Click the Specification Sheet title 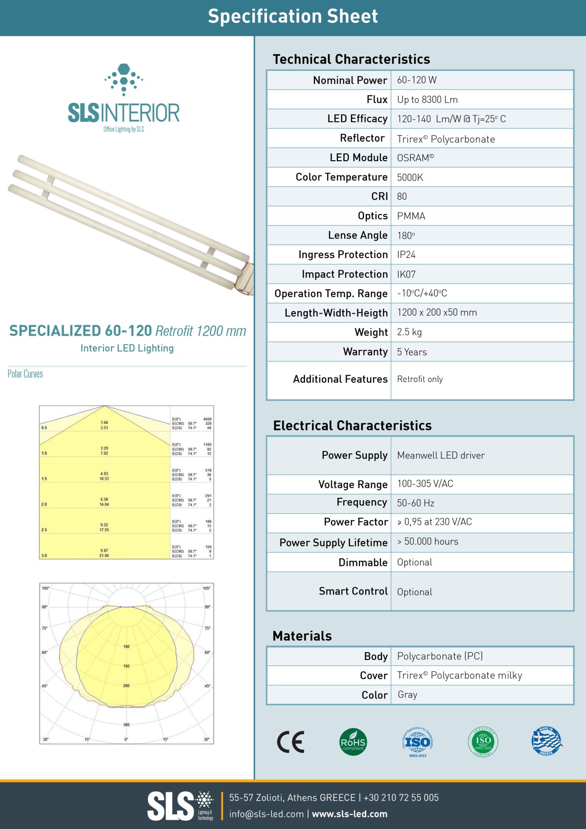(293, 17)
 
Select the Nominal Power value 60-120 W (417, 80)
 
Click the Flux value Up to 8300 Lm (427, 100)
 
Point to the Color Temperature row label (341, 177)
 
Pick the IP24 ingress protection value (406, 255)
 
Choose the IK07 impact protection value (406, 274)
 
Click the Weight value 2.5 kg (409, 332)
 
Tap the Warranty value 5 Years (412, 352)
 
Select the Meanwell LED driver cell (440, 455)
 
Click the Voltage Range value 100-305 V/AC (425, 484)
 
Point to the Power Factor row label (356, 522)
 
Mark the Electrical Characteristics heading (352, 425)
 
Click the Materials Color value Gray (407, 695)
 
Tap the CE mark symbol (291, 742)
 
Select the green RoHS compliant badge (353, 742)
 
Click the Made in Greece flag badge (547, 741)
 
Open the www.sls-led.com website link (350, 814)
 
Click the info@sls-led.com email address (266, 814)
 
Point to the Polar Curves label (25, 374)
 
